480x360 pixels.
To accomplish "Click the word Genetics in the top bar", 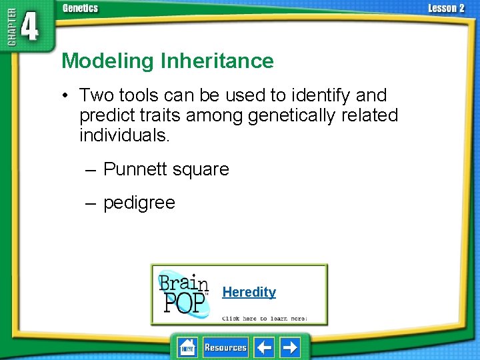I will [x=80, y=8].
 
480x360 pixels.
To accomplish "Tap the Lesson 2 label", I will [x=445, y=8].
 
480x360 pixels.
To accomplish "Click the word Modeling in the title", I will [x=107, y=61].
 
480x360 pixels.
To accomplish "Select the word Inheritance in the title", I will [x=217, y=61].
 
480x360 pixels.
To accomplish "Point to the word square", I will [x=200, y=169].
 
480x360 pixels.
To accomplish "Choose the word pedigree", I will [x=139, y=203].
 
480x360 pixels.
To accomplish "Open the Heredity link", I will [x=249, y=292].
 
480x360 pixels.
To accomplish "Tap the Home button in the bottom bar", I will [x=187, y=347].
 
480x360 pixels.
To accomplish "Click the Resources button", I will [x=225, y=347].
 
